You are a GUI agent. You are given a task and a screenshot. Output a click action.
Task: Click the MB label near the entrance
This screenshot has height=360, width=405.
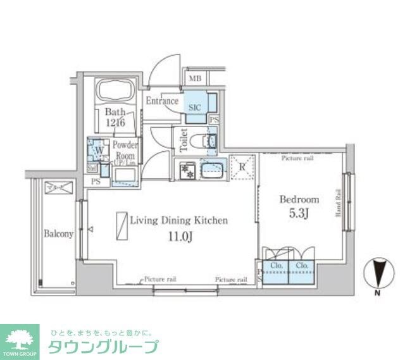coord(194,79)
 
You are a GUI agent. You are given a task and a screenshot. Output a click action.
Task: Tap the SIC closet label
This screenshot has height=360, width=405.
coord(194,108)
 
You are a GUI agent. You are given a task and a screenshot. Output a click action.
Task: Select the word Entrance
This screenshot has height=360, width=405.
coord(162,101)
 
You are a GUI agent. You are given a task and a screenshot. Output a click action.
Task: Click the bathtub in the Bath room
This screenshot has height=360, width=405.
coord(115,92)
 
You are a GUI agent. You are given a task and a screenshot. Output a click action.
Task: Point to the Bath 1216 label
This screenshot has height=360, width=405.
coord(115,117)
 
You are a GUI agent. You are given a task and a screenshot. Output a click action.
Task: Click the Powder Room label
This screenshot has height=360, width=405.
coord(125,149)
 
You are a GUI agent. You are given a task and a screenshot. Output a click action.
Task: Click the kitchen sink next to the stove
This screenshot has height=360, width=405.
coord(212,170)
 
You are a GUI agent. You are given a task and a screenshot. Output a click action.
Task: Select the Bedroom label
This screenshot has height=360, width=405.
coord(299,199)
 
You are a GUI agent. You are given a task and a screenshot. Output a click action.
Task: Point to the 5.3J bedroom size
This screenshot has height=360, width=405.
coord(300,213)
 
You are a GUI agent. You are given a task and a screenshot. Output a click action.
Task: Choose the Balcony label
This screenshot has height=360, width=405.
coord(58,233)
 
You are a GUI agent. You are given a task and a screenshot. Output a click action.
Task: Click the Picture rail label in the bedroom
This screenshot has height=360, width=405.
coord(297,158)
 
